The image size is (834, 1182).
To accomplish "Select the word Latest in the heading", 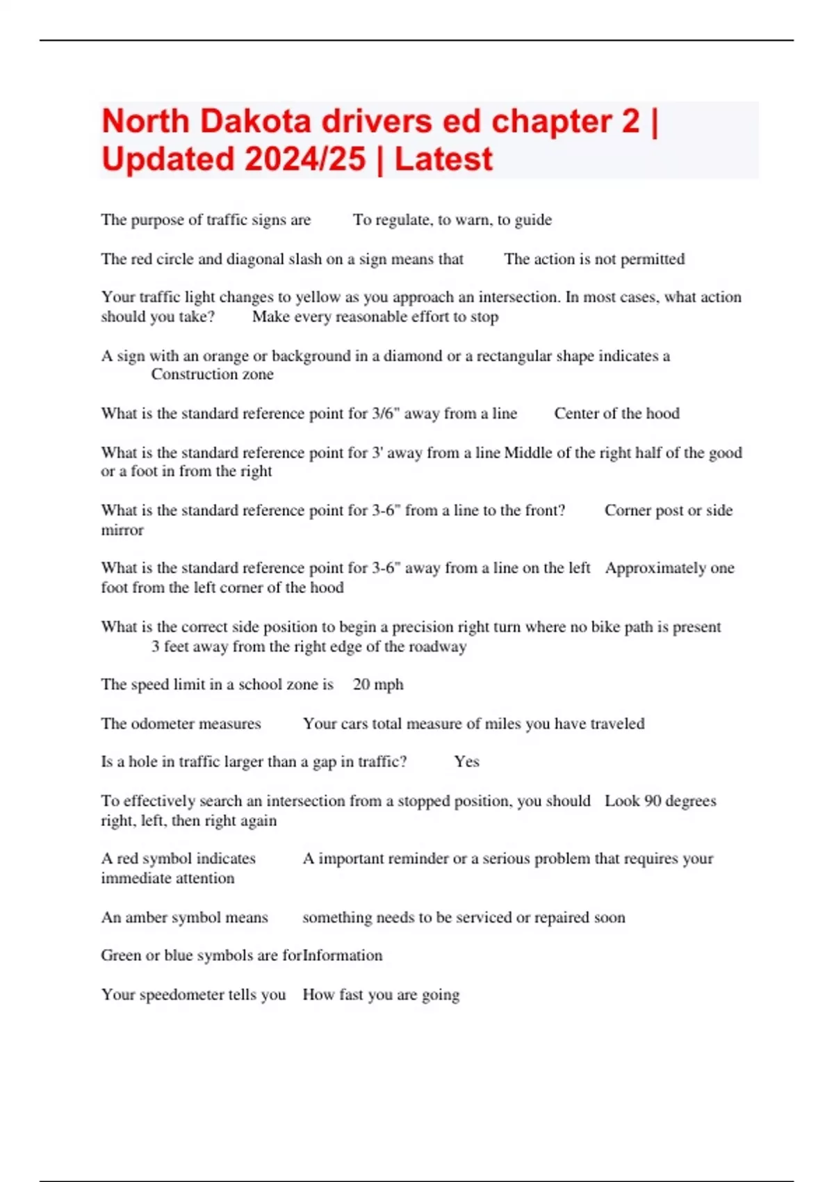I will pyautogui.click(x=443, y=159).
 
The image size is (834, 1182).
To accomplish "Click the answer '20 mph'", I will pyautogui.click(x=378, y=685).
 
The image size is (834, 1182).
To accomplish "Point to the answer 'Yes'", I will pyautogui.click(x=466, y=762).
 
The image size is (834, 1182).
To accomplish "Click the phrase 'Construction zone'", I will pyautogui.click(x=212, y=375).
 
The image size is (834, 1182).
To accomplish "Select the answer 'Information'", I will pyautogui.click(x=343, y=956).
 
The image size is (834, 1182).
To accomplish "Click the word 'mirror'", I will pyautogui.click(x=122, y=531).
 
